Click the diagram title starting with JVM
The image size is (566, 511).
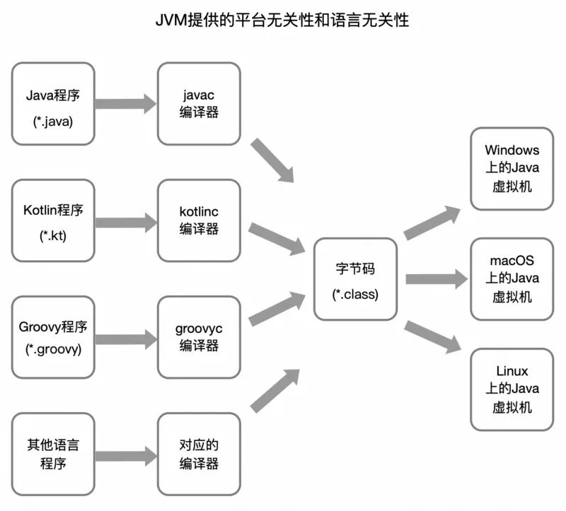[282, 20]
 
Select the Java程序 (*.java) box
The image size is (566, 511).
[53, 103]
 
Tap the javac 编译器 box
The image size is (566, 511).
[199, 103]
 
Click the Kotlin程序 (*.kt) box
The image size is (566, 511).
[53, 220]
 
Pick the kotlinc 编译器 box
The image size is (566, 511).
[199, 220]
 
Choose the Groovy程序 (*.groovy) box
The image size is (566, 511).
[53, 337]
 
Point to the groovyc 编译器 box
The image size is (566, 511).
[199, 337]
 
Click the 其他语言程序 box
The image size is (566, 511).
[53, 454]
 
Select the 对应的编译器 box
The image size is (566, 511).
[199, 454]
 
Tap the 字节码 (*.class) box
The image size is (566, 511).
[356, 278]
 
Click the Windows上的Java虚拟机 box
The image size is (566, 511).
[512, 168]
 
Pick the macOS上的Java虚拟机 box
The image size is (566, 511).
[512, 278]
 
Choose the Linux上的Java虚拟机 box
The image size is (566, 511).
[512, 389]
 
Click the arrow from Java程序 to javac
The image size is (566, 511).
[125, 104]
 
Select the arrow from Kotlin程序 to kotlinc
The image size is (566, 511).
[125, 221]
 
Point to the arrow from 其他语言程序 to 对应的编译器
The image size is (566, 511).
[125, 456]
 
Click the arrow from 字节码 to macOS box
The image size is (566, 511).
[436, 279]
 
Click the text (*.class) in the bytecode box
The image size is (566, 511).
[356, 293]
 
